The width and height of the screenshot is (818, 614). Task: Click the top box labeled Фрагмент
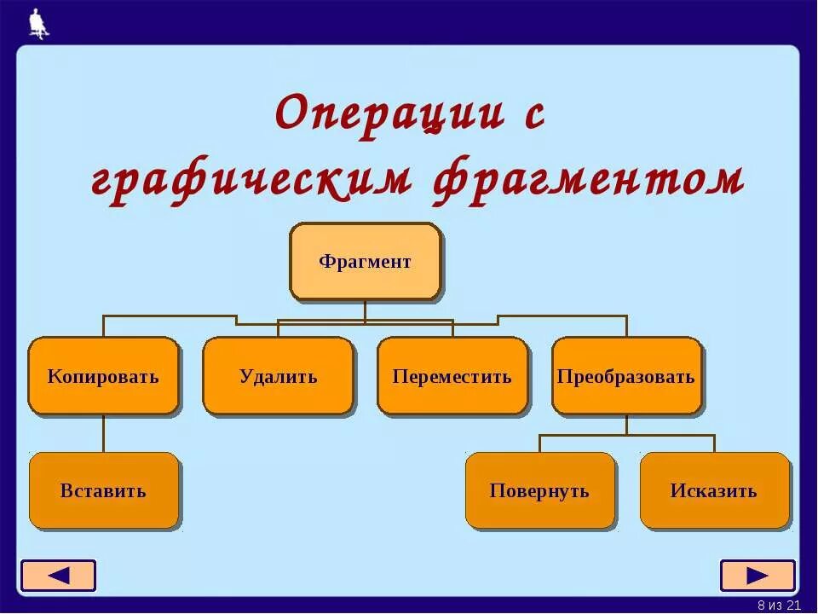365,262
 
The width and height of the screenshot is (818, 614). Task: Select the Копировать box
103,376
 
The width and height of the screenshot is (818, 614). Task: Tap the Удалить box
278,376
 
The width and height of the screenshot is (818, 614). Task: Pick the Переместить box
452,376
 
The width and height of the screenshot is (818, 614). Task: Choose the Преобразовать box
626,376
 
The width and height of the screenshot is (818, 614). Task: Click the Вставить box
104,490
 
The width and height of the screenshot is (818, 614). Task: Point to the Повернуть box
539,490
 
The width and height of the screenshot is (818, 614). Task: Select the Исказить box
714,490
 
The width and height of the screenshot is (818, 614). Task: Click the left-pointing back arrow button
59,576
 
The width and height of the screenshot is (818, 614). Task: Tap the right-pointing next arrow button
757,576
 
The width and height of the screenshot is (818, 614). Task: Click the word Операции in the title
389,114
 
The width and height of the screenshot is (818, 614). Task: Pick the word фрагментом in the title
588,180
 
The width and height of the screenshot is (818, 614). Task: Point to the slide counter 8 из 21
779,605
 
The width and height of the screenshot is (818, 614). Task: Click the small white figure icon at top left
37,24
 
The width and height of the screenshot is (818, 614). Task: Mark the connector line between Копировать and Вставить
104,433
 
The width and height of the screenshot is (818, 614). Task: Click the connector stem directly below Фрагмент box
365,310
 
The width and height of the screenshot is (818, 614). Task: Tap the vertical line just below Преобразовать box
626,425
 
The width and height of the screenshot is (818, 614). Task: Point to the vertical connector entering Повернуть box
539,443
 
